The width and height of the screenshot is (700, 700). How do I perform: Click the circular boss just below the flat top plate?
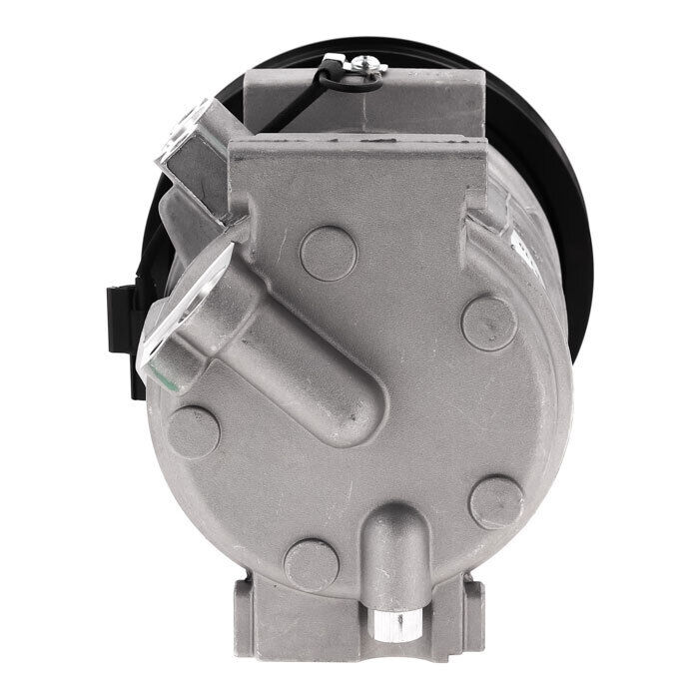[328, 253]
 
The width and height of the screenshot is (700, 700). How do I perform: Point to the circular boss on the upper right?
[489, 323]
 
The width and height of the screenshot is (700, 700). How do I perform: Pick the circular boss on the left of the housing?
[193, 431]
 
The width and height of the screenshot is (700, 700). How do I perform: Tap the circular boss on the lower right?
[496, 502]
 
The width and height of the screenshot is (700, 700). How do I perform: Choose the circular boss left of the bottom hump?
[312, 565]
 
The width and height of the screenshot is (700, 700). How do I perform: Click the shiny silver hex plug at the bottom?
[390, 626]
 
